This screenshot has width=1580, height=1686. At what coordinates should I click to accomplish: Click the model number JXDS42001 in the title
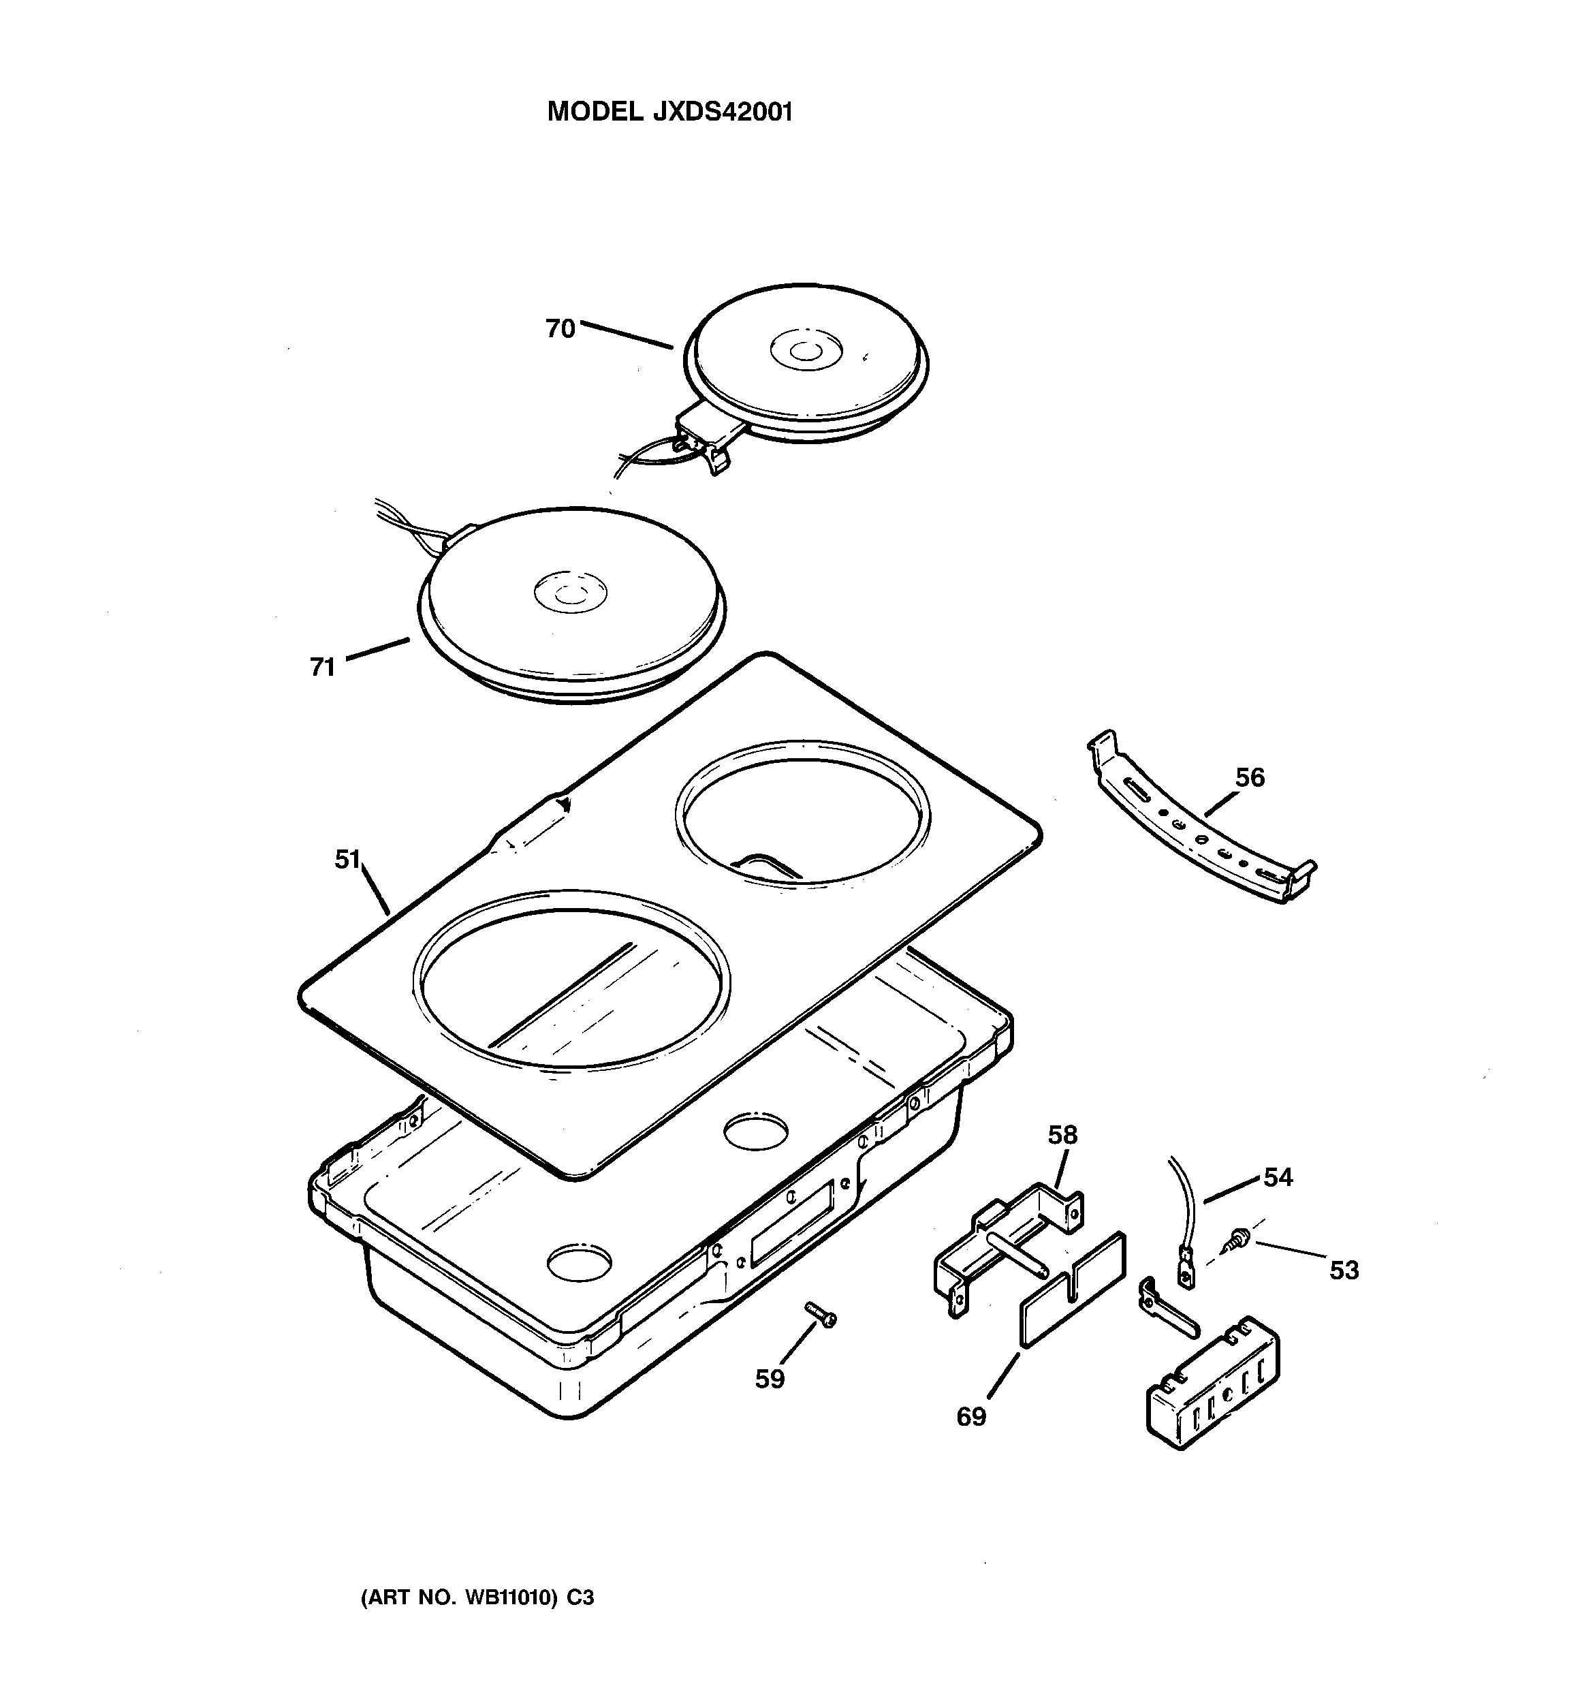(722, 112)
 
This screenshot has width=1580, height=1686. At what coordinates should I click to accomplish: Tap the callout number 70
(560, 328)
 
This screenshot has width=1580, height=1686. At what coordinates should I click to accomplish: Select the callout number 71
(322, 668)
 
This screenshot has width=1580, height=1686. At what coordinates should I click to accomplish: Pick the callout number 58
(1062, 1135)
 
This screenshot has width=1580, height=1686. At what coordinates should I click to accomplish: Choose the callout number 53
(1344, 1270)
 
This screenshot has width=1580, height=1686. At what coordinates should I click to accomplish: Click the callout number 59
(770, 1379)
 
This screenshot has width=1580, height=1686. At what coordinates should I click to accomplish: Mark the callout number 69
(971, 1416)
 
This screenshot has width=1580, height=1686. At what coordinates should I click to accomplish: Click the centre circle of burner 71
(570, 590)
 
